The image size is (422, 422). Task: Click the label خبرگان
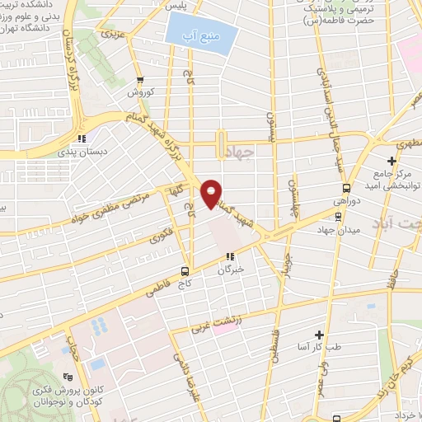[232, 270]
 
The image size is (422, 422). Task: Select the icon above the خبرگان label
[232, 256]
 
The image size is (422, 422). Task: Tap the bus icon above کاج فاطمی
[185, 270]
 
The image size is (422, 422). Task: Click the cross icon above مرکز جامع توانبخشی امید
[392, 158]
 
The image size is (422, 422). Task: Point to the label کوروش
[141, 93]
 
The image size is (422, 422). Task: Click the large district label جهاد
[263, 152]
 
